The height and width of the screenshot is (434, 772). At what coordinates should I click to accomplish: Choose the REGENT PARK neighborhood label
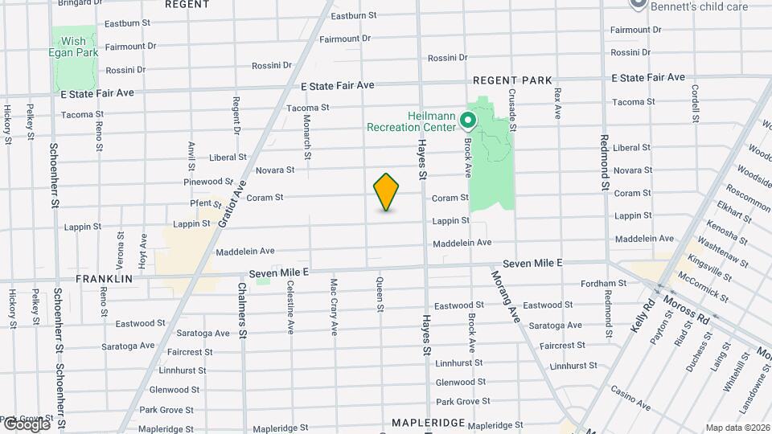click(x=512, y=80)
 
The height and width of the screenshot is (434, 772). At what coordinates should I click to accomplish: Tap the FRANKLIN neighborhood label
click(x=104, y=279)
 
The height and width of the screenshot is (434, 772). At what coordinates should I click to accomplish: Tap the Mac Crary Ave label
click(x=334, y=306)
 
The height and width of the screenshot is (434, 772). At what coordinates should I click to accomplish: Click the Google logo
click(x=26, y=424)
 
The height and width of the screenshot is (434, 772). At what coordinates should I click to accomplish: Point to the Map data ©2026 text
click(x=737, y=428)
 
